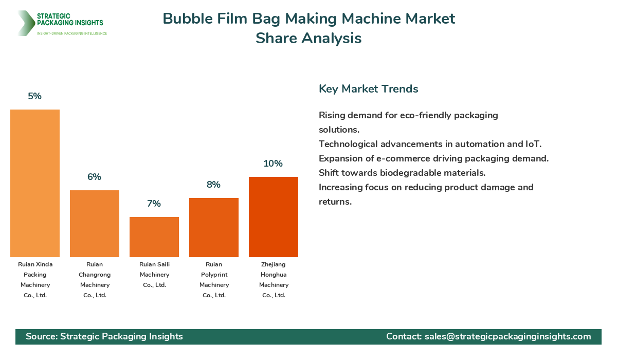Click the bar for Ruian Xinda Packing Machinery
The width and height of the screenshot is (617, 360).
[x=35, y=183]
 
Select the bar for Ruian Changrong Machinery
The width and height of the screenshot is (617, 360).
[x=95, y=224]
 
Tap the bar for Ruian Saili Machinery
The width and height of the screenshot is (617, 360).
[x=154, y=237]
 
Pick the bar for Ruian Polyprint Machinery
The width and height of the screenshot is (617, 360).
[x=214, y=227]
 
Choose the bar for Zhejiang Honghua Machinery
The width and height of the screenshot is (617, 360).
[x=274, y=217]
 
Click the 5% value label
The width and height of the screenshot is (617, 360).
[x=35, y=96]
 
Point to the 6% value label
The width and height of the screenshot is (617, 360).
[x=95, y=177]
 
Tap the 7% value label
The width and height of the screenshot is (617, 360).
[x=154, y=204]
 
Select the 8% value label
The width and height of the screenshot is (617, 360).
[x=214, y=185]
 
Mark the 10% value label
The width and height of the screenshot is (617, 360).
[x=273, y=164]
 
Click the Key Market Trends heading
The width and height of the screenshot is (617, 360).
[x=369, y=89]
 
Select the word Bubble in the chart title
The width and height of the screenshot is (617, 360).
[x=187, y=19]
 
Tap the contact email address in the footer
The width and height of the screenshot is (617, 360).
[x=507, y=336]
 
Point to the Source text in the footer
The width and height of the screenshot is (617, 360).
[x=104, y=336]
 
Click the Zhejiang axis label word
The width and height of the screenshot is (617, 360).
[x=274, y=264]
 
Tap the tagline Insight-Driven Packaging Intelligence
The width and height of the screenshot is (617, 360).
[x=72, y=33]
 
